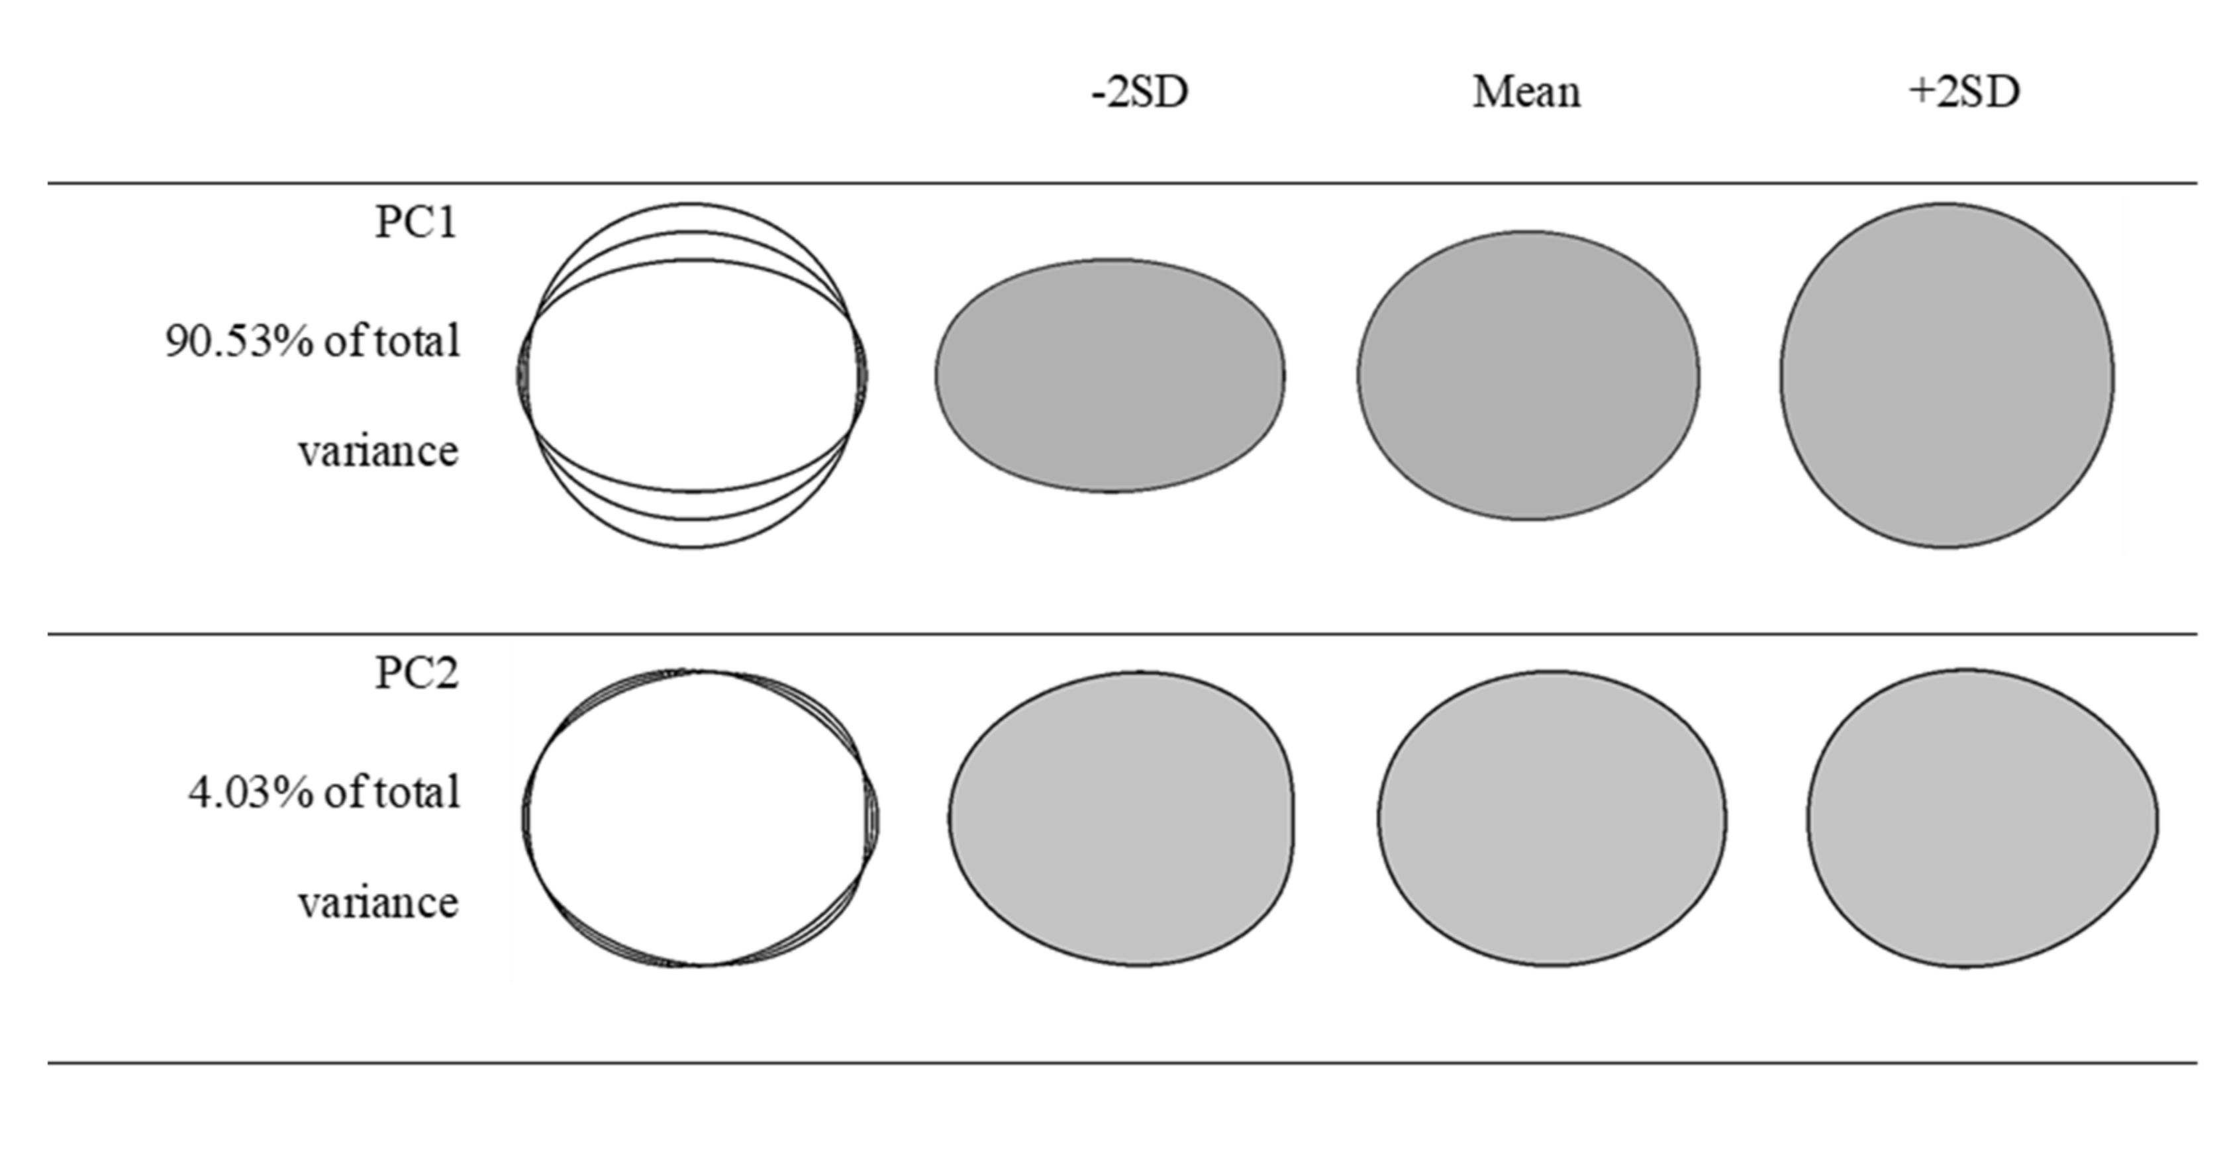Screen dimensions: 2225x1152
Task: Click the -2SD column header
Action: (1140, 91)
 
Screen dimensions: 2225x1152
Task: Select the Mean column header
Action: (1526, 91)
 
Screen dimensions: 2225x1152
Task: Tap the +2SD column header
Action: (1963, 91)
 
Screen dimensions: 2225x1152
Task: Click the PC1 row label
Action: (415, 223)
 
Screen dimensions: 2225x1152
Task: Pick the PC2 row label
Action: (415, 673)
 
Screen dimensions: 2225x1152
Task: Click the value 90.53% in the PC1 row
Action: (230, 342)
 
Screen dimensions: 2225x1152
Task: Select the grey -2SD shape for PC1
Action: (1111, 375)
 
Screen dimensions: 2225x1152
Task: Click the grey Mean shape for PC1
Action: (1528, 375)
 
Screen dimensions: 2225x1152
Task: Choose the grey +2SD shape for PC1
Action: (1947, 375)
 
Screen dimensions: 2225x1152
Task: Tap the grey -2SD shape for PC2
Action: (1121, 818)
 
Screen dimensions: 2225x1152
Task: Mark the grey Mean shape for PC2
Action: (1552, 818)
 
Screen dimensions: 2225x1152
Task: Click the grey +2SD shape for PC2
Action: (1978, 818)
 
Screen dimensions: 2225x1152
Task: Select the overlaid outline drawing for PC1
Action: (692, 375)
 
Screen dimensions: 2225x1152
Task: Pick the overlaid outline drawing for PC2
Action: (700, 818)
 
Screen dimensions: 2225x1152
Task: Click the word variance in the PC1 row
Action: (378, 452)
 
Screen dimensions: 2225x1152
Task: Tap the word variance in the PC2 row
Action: (378, 903)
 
